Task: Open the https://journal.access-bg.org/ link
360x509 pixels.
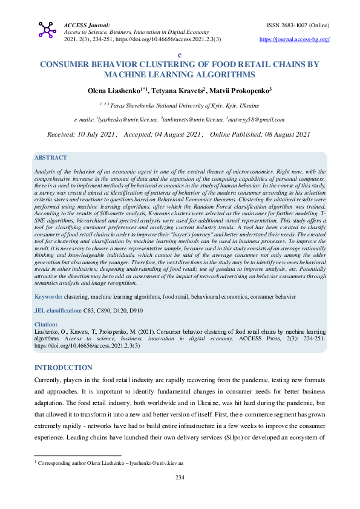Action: pyautogui.click(x=294, y=39)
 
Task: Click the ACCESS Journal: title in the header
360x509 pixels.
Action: pyautogui.click(x=87, y=25)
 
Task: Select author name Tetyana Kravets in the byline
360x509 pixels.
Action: pyautogui.click(x=178, y=90)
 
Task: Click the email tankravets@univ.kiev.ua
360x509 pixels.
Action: pyautogui.click(x=192, y=120)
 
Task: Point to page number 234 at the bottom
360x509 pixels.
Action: pyautogui.click(x=180, y=478)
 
